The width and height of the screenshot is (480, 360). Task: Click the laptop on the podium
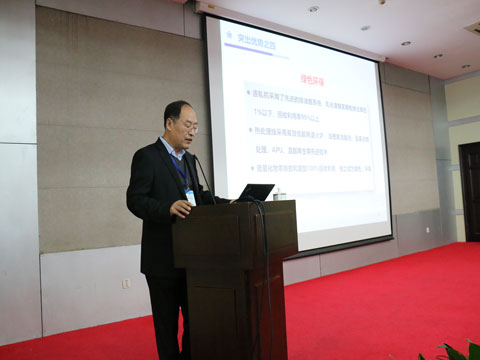click(256, 192)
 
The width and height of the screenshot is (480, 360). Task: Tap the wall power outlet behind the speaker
click(126, 283)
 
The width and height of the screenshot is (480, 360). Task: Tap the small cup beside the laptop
click(281, 194)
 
